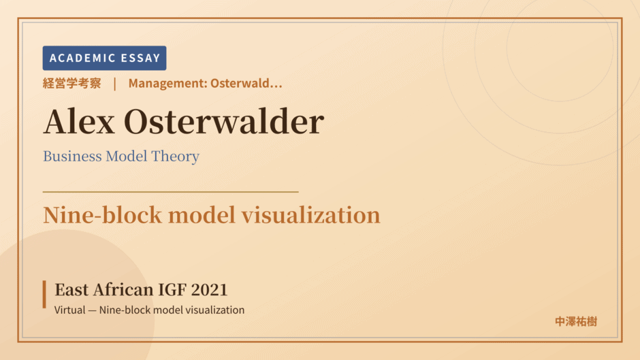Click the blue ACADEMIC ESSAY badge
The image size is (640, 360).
coord(104,58)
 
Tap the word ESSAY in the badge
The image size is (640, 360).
coord(140,58)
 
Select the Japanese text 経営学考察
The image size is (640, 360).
coord(72,83)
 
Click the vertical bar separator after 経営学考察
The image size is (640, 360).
coord(114,84)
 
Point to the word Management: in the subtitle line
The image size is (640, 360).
coord(167,83)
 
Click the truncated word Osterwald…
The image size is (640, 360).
coord(246,83)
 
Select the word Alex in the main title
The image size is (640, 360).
coord(79,122)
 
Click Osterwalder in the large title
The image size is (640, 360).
coord(224,122)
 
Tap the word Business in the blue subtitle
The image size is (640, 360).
coord(72,156)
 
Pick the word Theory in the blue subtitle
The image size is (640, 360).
coord(175,157)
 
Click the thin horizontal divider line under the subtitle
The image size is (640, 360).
coord(171,191)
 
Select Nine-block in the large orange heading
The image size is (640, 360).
coord(102,215)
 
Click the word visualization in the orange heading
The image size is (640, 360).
coord(311,215)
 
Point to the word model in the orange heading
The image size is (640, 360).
coord(202,215)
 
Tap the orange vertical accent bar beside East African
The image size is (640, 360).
coord(44,294)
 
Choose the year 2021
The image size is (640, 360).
coord(210,290)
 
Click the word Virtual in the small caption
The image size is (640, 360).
coord(70,310)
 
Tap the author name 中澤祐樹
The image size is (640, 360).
coord(576,322)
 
